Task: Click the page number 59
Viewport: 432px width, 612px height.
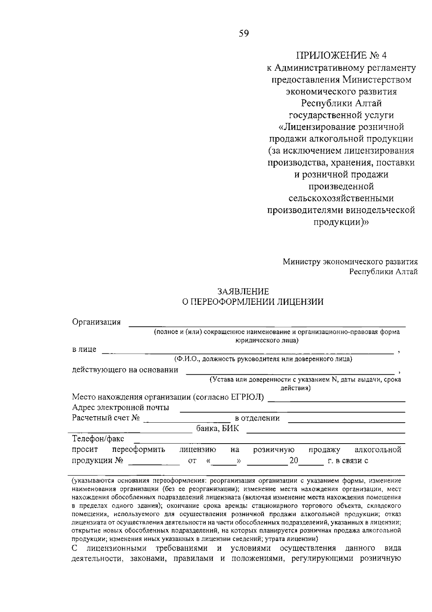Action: point(244,34)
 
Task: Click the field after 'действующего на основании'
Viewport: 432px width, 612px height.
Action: point(290,372)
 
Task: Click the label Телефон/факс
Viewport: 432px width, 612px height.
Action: point(98,439)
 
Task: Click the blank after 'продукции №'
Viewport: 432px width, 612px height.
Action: point(154,463)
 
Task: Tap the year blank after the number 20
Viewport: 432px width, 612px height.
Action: point(311,463)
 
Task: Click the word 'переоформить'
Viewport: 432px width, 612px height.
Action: point(138,450)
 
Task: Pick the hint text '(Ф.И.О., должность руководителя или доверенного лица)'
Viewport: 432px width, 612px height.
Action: point(262,359)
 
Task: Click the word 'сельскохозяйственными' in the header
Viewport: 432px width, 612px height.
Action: point(341,198)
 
